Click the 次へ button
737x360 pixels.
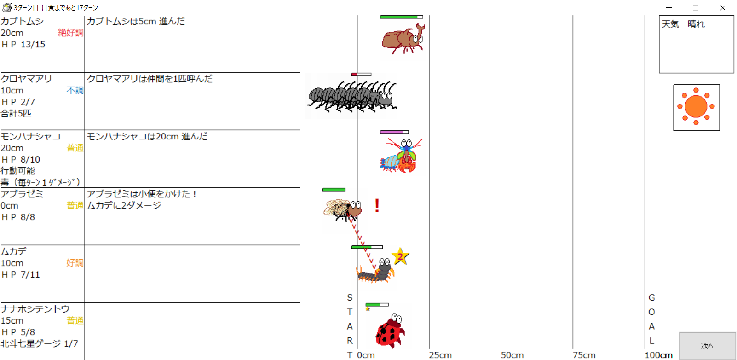(708, 346)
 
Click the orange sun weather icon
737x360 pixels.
(696, 107)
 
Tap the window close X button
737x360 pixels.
(723, 7)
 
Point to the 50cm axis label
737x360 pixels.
(512, 355)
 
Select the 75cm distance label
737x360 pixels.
(584, 355)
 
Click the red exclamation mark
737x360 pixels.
(377, 205)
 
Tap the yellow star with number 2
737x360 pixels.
(400, 256)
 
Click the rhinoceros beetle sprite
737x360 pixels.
(403, 39)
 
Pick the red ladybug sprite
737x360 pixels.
(390, 331)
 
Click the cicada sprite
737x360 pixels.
(343, 210)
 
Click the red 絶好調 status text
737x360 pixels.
(70, 33)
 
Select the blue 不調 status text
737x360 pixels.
(75, 90)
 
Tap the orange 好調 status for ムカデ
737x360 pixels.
(75, 263)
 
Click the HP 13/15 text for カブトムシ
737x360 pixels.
(23, 45)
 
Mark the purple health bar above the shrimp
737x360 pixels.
(394, 132)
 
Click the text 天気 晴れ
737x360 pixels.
(683, 24)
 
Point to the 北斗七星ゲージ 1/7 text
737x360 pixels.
(40, 343)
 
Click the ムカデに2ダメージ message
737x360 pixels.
(124, 205)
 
